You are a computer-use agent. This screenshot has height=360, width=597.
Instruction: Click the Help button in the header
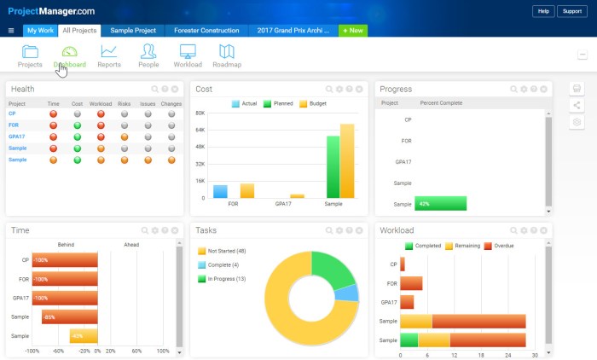[x=542, y=11]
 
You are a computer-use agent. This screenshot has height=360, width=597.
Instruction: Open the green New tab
[x=353, y=30]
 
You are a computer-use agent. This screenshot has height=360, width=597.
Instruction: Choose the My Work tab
[x=39, y=30]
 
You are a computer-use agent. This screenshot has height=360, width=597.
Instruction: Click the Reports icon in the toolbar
[x=108, y=55]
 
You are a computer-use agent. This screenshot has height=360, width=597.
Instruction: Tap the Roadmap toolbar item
[x=226, y=55]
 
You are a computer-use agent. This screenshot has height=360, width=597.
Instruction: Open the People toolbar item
[x=148, y=55]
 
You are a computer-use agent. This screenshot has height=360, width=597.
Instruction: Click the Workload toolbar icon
[x=188, y=55]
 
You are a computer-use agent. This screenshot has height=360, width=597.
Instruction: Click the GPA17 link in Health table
[x=16, y=136]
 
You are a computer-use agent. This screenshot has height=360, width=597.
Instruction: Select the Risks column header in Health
[x=125, y=104]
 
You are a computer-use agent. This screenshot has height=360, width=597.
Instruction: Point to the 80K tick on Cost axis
[x=200, y=113]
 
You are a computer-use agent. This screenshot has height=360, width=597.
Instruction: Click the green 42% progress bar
[x=440, y=203]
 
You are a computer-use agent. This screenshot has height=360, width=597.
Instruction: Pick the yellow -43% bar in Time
[x=84, y=336]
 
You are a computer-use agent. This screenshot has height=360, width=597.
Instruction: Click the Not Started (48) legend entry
[x=222, y=251]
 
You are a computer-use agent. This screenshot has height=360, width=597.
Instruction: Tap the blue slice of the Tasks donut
[x=345, y=293]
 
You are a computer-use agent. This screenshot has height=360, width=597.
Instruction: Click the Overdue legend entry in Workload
[x=503, y=246]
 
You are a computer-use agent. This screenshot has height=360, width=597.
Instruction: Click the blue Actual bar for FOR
[x=220, y=191]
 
